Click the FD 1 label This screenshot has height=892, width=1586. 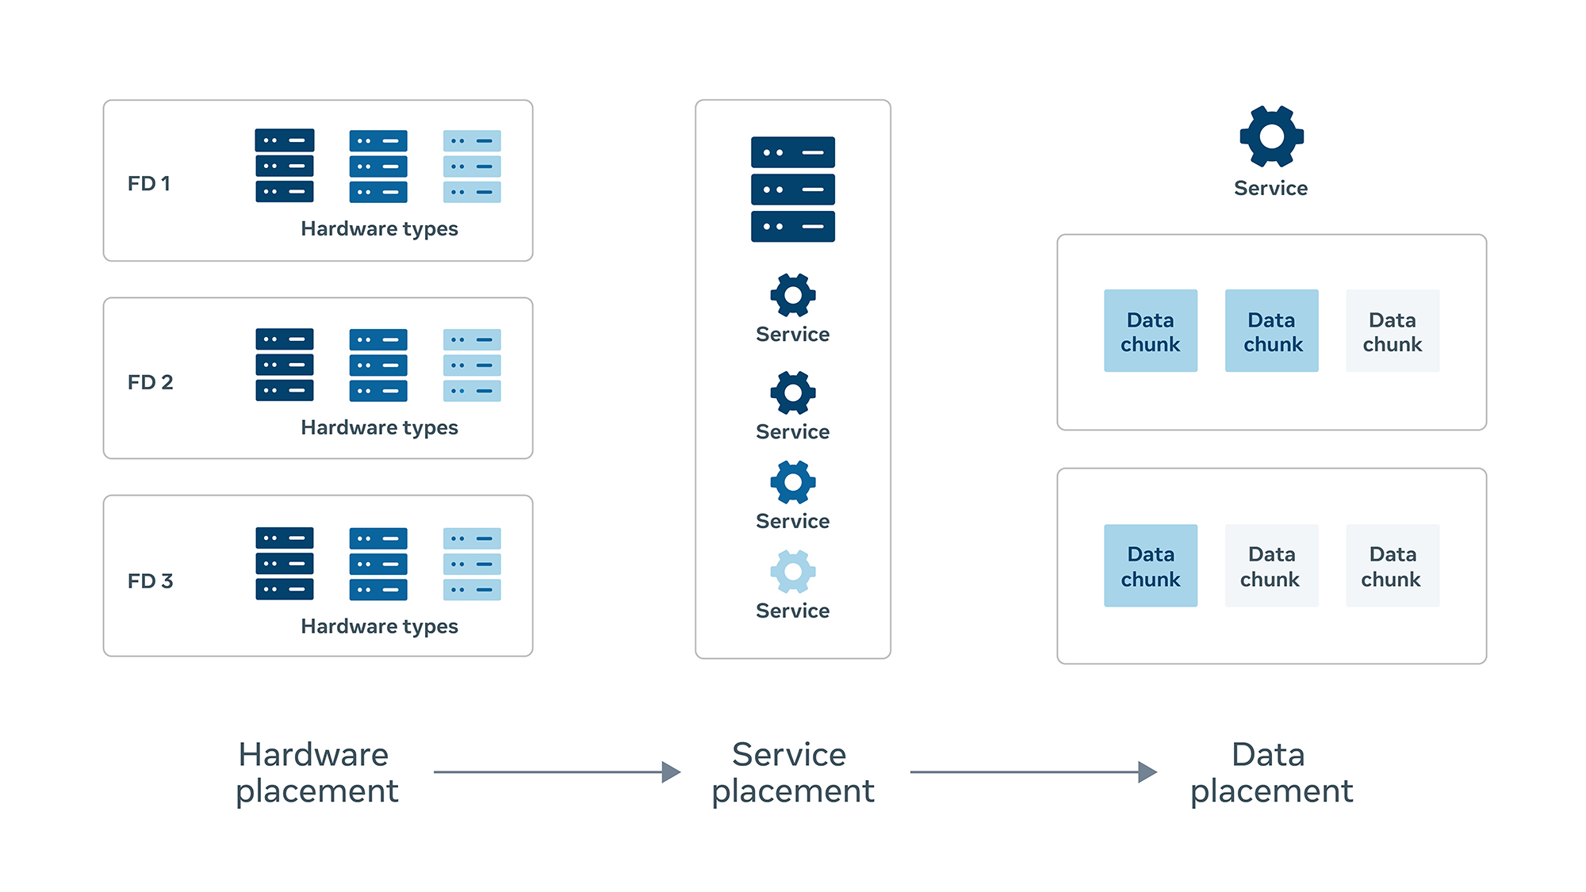(x=149, y=183)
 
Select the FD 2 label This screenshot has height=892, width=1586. (x=150, y=382)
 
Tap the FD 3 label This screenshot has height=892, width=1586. (x=150, y=581)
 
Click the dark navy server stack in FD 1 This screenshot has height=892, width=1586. (x=285, y=166)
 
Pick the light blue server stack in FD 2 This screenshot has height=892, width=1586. (x=472, y=366)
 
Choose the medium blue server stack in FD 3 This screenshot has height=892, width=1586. (x=378, y=564)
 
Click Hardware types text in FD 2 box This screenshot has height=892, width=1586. (x=379, y=427)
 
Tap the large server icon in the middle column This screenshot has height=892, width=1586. (x=793, y=189)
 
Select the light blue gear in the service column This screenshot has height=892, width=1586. (x=793, y=572)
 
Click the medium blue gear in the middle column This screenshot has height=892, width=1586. (x=793, y=482)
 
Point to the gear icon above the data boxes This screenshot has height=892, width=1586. (x=1271, y=136)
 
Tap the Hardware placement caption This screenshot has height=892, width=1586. (x=316, y=773)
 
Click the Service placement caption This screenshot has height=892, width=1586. (x=792, y=773)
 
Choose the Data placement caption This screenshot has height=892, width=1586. (x=1270, y=773)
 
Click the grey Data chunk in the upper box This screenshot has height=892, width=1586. (x=1393, y=331)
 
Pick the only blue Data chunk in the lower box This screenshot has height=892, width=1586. (x=1151, y=566)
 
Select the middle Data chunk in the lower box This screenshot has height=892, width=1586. (x=1271, y=566)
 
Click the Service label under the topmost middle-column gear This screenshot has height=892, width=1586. (x=793, y=334)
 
